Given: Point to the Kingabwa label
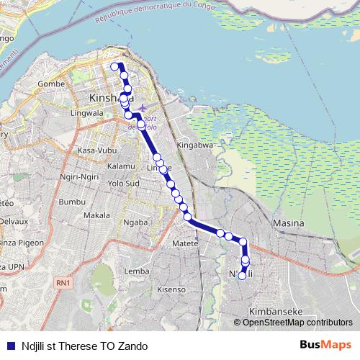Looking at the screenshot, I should pos(197,145).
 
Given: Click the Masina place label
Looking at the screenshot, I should pos(288,224).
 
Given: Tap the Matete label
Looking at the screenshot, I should pos(185,244).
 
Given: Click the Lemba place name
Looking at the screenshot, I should pos(137,271).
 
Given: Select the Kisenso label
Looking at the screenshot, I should pos(171,289).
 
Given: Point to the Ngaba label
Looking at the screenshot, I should pos(135,222).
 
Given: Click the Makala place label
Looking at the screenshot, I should pos(96,215).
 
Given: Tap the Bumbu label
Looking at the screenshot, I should pos(72,202).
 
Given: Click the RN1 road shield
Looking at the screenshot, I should pos(63,284).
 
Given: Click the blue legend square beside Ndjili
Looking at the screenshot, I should pos(9,346).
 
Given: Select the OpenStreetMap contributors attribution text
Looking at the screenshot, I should pos(297,323).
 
